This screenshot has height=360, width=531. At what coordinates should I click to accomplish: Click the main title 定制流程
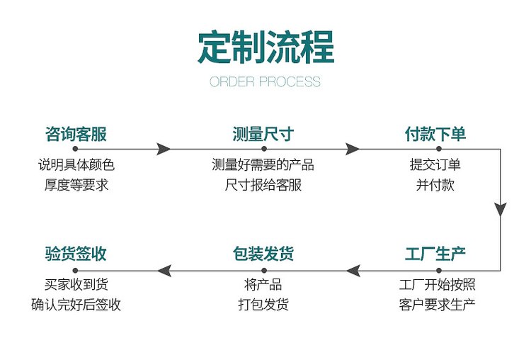coord(265,47)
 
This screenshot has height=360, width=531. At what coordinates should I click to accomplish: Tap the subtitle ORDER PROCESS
coord(265,81)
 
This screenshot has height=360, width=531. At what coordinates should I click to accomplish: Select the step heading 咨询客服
coord(76,134)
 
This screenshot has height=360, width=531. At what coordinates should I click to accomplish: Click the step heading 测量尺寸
coord(263,134)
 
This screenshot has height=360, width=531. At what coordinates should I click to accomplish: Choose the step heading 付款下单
coord(435,134)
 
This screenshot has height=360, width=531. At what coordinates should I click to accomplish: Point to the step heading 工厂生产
coord(435,254)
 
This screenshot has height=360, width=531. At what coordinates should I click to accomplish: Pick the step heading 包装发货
coord(263,254)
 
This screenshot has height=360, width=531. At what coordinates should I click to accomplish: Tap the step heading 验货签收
coord(76,254)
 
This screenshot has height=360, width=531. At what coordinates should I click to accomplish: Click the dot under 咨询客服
coord(75,149)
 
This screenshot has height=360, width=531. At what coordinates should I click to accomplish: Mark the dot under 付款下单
coord(439,149)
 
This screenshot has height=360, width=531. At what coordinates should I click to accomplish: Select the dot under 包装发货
coord(264,271)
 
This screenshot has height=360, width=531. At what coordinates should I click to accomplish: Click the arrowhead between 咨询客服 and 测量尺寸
coord(164,149)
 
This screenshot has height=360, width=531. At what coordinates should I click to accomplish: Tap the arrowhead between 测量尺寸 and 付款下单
coord(353,149)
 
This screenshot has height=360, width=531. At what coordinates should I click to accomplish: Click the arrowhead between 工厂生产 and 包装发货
coord(353,271)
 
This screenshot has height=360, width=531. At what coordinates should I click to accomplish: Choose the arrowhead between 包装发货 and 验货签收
coord(164,271)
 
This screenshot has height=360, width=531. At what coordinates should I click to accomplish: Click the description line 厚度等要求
coord(76,185)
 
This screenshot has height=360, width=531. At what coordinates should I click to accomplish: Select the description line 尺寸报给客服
coord(263,185)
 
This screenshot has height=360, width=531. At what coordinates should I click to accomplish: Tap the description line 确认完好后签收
coord(76,305)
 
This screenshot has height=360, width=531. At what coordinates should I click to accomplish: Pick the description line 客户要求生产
coord(437,305)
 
